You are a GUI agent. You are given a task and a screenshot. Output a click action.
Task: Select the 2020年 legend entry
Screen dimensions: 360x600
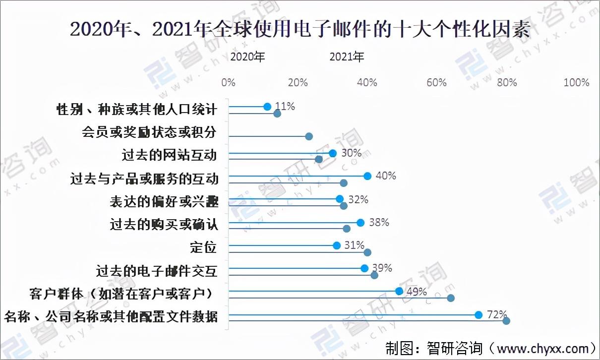pyautogui.click(x=248, y=57)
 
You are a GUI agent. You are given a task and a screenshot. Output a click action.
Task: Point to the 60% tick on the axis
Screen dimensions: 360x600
pyautogui.click(x=437, y=82)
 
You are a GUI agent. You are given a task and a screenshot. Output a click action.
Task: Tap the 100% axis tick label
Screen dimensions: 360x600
pyautogui.click(x=576, y=82)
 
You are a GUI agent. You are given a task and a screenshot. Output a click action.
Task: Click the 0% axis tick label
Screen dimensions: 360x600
pyautogui.click(x=229, y=82)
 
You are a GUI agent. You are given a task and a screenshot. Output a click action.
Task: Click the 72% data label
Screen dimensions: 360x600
pyautogui.click(x=496, y=314)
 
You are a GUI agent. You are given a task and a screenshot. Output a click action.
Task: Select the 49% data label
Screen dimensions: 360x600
pyautogui.click(x=417, y=292)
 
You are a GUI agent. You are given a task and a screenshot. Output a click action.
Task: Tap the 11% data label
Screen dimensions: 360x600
pyautogui.click(x=285, y=106)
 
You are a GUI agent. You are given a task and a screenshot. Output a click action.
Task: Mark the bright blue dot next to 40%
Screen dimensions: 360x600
pyautogui.click(x=367, y=176)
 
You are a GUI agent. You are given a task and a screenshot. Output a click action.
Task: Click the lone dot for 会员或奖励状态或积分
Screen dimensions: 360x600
pyautogui.click(x=309, y=136)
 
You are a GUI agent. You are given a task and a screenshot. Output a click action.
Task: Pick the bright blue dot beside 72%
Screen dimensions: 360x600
pyautogui.click(x=479, y=315)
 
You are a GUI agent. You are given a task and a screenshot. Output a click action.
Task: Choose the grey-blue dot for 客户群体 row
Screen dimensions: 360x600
pyautogui.click(x=451, y=298)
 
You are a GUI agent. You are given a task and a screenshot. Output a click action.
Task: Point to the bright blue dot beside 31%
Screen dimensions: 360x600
pyautogui.click(x=337, y=245)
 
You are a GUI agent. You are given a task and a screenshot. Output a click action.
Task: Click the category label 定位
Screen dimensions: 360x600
pyautogui.click(x=203, y=246)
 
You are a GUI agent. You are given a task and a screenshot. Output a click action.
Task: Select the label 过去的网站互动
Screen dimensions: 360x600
pyautogui.click(x=170, y=155)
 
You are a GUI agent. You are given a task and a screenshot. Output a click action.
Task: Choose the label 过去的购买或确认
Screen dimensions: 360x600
pyautogui.click(x=164, y=224)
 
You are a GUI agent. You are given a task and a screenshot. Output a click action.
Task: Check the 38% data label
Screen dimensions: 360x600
pyautogui.click(x=379, y=222)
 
